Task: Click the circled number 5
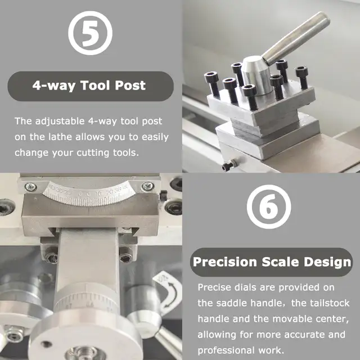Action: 90,33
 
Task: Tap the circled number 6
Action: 269,206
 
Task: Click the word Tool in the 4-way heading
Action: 95,85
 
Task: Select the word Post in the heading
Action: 130,85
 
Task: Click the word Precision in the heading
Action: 225,262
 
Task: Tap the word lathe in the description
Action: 60,137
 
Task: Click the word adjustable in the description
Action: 60,121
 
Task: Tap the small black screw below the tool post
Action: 229,165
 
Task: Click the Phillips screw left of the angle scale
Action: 31,187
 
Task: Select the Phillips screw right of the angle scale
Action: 148,186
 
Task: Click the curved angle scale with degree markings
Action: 89,193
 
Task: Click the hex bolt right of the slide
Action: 126,255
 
